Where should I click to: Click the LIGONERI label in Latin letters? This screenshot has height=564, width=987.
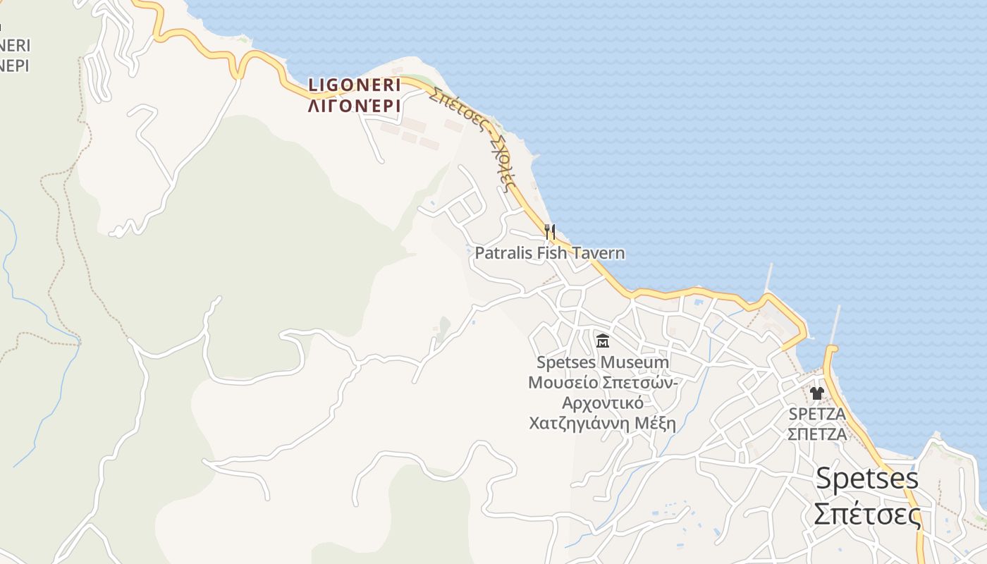tap(354, 85)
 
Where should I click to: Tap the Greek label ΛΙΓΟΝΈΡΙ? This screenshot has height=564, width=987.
tap(354, 106)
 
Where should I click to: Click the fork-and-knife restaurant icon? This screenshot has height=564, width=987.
tap(550, 231)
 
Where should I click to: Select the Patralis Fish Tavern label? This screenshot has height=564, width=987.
tap(550, 252)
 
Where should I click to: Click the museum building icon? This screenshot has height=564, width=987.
tap(603, 341)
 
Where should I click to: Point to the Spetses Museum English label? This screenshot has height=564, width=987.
tap(603, 362)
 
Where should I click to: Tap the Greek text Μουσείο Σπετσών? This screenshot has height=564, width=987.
tap(603, 383)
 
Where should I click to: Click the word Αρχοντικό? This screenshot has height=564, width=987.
tap(603, 403)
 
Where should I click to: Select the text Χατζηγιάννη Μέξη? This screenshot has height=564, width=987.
tap(603, 424)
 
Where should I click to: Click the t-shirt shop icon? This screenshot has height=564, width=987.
tap(817, 393)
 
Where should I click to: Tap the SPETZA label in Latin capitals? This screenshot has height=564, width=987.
tap(818, 413)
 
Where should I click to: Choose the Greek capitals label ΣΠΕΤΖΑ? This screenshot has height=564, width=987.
tap(818, 434)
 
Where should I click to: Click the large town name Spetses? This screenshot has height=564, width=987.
tap(867, 479)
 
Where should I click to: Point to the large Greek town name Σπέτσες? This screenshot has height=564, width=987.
tap(867, 514)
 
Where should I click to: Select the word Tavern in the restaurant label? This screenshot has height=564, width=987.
tap(598, 252)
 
